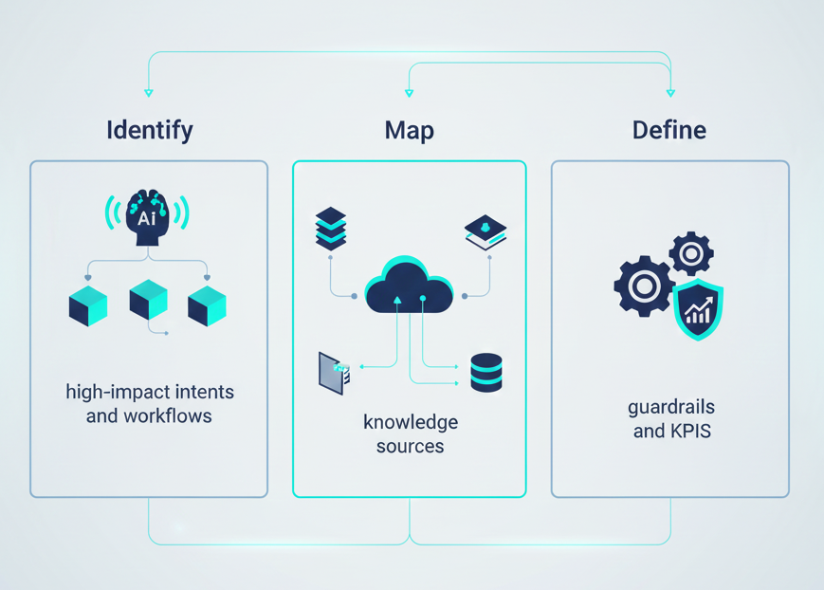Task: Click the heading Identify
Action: point(150,130)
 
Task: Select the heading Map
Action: point(410,130)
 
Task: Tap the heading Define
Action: point(669,130)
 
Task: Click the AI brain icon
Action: point(147,216)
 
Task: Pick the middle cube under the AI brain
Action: point(148,301)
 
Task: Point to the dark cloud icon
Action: point(409,284)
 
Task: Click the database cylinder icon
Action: point(486,373)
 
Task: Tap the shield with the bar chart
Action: point(699,309)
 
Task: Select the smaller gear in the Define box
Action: point(691,254)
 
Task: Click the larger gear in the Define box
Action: point(645,286)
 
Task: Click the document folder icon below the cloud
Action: point(334,374)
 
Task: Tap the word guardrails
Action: point(670,407)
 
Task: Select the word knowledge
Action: point(411,422)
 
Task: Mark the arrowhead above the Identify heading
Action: point(149,93)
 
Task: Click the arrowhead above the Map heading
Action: point(410,93)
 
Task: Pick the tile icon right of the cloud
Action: point(485,232)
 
